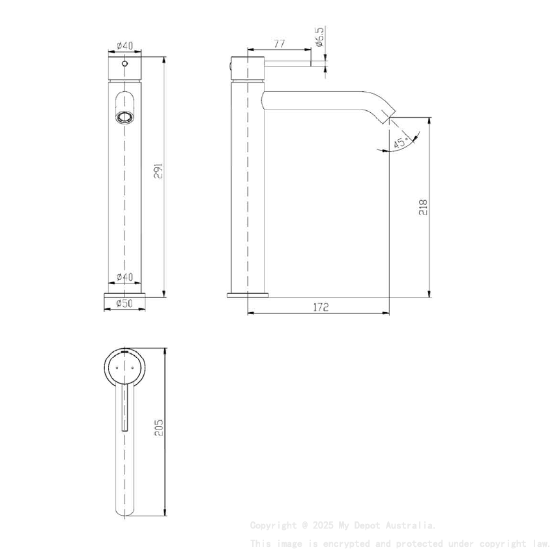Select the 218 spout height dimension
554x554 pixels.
(423, 207)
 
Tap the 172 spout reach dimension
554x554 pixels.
(319, 307)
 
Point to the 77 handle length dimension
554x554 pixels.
(279, 44)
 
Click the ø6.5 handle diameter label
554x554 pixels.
(320, 36)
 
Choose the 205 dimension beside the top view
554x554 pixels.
(158, 428)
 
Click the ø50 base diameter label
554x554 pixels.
(124, 303)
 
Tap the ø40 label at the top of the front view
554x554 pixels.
(124, 45)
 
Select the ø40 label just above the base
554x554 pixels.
(124, 277)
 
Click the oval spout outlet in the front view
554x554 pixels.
(124, 117)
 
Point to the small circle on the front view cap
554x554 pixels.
(124, 65)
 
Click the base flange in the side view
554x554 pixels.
(248, 295)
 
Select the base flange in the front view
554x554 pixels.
(124, 295)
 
